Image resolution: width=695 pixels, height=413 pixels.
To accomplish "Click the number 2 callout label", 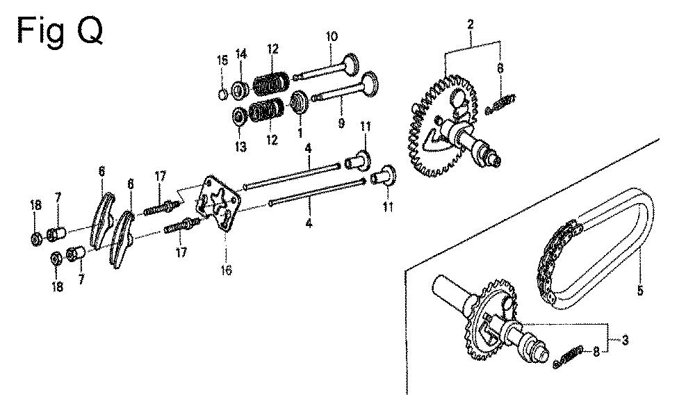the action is [x=471, y=24].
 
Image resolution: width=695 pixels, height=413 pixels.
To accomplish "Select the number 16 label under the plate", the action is [x=227, y=270].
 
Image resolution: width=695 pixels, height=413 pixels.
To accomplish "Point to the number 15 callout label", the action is [x=222, y=60].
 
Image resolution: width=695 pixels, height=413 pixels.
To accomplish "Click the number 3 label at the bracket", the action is [x=625, y=340].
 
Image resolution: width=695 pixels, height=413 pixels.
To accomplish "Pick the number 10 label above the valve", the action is [x=332, y=36].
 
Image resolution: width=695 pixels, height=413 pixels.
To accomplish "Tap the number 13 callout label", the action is [x=240, y=147].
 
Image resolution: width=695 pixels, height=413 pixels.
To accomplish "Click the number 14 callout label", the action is [x=240, y=54].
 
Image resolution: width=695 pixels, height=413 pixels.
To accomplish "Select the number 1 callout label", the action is [x=300, y=133].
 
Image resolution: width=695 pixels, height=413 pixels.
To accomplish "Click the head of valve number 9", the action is [x=370, y=84].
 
